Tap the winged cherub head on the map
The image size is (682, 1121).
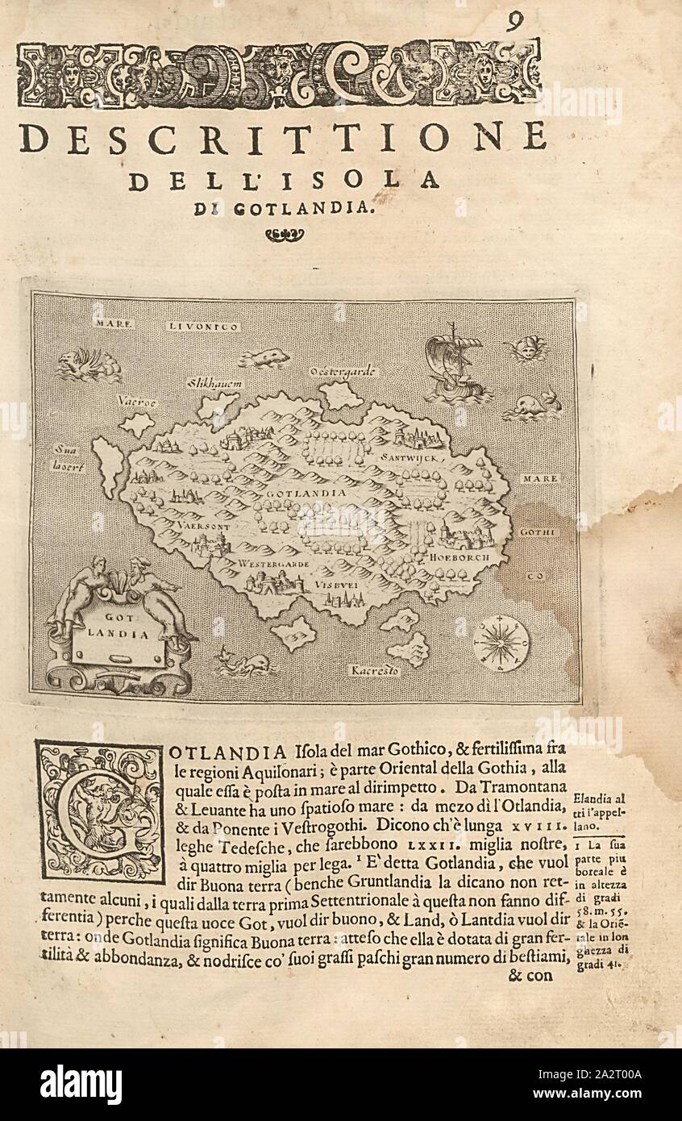525,348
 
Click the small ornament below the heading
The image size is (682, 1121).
285,235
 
